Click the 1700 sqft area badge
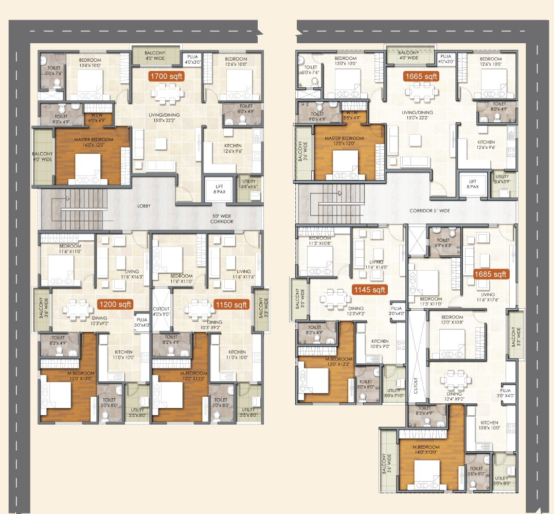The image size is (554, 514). pos(166,76)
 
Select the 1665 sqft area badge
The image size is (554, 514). pos(421,76)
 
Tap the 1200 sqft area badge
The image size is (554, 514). pos(115,304)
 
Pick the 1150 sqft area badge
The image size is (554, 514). pos(231,304)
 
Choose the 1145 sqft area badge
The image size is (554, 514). pos(369,290)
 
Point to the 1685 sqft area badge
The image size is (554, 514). pos(491,274)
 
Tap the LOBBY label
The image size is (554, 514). pos(144,206)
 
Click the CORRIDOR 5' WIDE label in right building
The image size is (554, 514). pos(430,211)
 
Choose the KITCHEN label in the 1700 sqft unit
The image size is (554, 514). pos(233,148)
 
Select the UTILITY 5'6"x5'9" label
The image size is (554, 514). pos(502,179)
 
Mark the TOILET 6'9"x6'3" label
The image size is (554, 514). pos(443,242)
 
